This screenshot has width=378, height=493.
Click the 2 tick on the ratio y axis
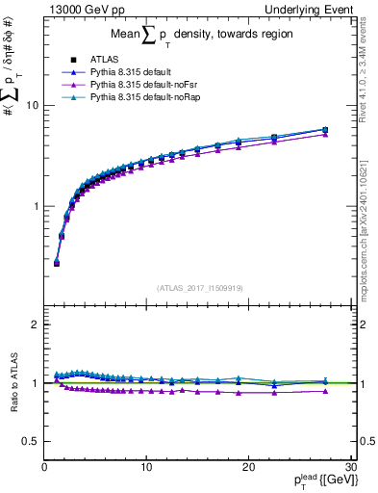(36, 324)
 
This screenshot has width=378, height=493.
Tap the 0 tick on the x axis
(44, 469)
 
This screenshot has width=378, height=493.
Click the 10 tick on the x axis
(145, 469)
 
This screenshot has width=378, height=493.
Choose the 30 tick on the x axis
(349, 469)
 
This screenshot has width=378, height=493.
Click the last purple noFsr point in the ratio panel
(325, 390)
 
